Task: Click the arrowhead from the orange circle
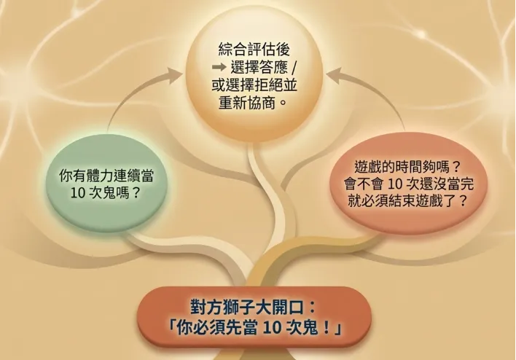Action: [x=331, y=72]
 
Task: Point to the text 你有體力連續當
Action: [x=109, y=176]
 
